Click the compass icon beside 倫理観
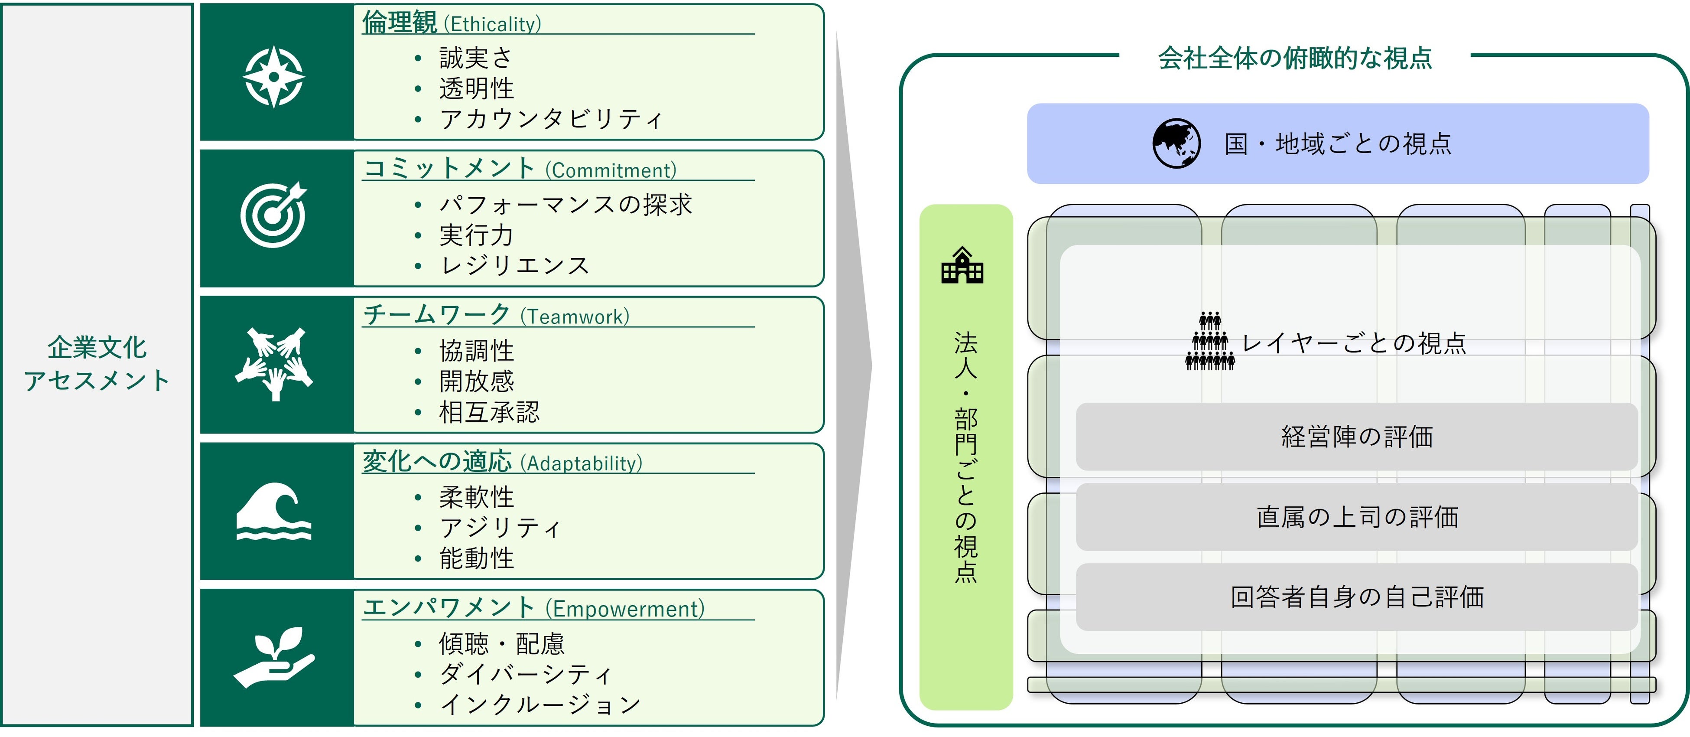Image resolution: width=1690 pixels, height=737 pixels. (x=273, y=76)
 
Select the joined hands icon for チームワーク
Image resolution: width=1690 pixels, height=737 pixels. (x=273, y=363)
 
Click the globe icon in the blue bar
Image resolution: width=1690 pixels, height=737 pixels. (x=1176, y=143)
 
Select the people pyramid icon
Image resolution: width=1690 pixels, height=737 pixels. (x=1210, y=341)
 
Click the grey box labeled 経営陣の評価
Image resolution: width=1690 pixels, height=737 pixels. (x=1357, y=437)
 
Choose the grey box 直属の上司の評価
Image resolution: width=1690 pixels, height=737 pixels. (x=1357, y=517)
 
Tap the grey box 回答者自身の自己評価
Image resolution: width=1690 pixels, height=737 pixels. (x=1357, y=597)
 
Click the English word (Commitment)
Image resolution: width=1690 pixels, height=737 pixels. (x=610, y=171)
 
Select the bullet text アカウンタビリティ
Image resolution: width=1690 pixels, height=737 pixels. (x=551, y=119)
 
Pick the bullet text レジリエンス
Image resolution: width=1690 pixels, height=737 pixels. (x=515, y=265)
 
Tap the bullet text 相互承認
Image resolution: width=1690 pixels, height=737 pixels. (x=489, y=412)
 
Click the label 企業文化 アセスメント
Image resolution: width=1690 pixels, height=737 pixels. (x=97, y=364)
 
